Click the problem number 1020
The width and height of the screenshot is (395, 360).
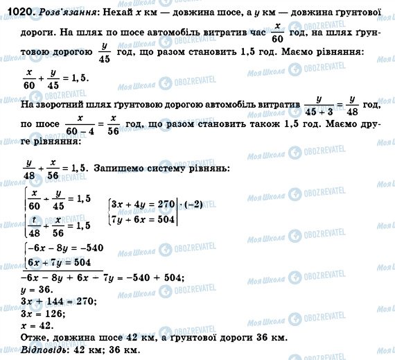[x=15, y=12]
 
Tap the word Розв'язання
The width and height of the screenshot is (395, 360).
[x=60, y=12]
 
